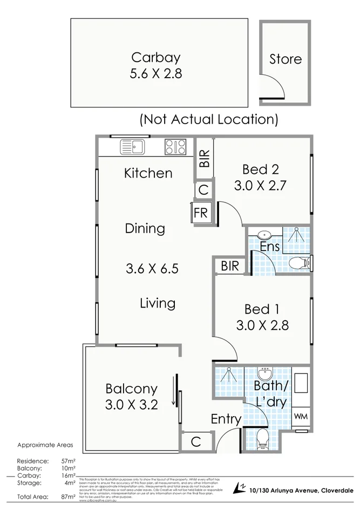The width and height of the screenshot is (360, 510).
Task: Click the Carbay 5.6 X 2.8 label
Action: [155, 65]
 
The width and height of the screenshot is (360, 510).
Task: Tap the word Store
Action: [285, 59]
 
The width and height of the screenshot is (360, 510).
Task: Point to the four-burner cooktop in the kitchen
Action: [175, 146]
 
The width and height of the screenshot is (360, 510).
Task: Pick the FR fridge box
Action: [200, 213]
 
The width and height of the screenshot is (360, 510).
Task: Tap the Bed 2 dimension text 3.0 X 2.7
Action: [260, 186]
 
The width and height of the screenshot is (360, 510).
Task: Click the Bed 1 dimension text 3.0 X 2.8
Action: [262, 325]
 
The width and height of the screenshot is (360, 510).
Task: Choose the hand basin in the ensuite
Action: [264, 235]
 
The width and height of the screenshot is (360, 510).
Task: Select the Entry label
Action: [226, 419]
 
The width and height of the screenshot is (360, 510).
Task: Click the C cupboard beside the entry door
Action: [195, 441]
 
